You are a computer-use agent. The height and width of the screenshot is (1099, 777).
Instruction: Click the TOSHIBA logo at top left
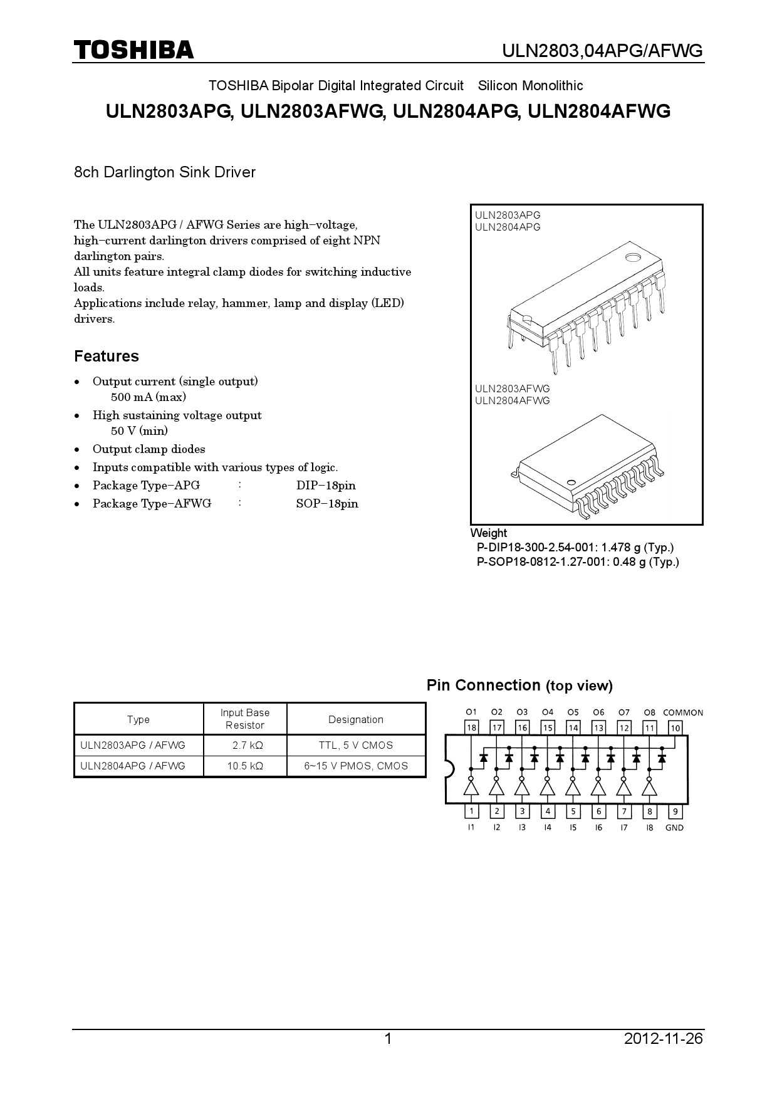[133, 50]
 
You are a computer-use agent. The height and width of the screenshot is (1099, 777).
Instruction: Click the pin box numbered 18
[471, 727]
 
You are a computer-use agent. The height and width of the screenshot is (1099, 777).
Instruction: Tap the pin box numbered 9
[675, 811]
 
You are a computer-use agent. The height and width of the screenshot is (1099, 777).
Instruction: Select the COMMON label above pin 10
[682, 712]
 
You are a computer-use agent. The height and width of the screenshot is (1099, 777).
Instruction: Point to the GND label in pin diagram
[674, 828]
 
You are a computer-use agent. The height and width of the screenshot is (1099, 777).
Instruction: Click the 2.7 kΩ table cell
[245, 745]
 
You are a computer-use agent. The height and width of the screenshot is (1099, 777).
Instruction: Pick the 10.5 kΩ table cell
[245, 766]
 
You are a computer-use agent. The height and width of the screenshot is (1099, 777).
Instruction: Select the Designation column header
[356, 719]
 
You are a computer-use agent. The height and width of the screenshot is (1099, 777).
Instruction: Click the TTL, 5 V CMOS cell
[356, 745]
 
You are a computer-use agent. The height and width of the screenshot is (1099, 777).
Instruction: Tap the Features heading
[107, 356]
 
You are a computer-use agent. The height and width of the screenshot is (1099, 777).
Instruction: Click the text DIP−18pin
[326, 486]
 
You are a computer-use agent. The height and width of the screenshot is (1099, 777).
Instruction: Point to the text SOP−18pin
[327, 504]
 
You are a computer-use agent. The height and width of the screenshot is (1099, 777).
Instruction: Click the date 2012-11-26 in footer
[664, 1039]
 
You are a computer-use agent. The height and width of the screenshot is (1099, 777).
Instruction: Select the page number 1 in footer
[388, 1039]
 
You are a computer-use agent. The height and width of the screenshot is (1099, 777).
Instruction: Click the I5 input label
[573, 828]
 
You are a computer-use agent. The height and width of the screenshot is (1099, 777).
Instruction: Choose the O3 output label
[522, 712]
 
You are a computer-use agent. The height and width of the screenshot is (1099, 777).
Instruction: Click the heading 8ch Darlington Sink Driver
[165, 172]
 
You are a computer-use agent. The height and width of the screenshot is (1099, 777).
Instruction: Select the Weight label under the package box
[489, 533]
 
